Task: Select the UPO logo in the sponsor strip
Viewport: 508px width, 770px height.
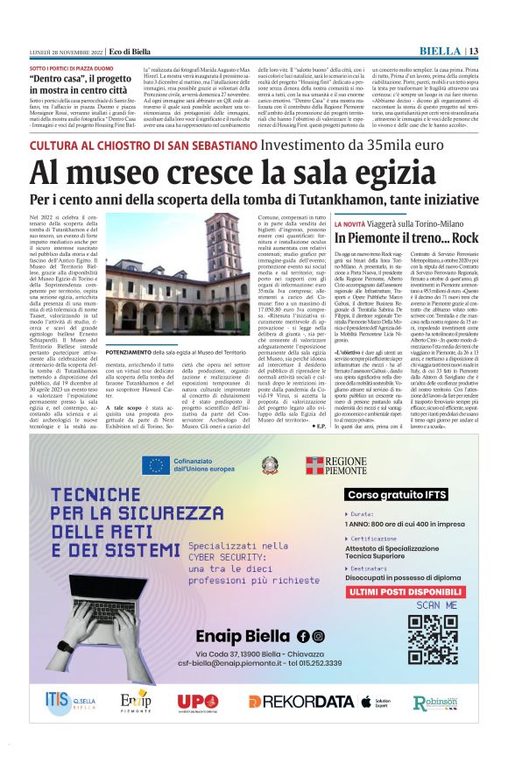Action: tap(198, 702)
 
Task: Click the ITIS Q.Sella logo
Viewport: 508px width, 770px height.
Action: tap(70, 701)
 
